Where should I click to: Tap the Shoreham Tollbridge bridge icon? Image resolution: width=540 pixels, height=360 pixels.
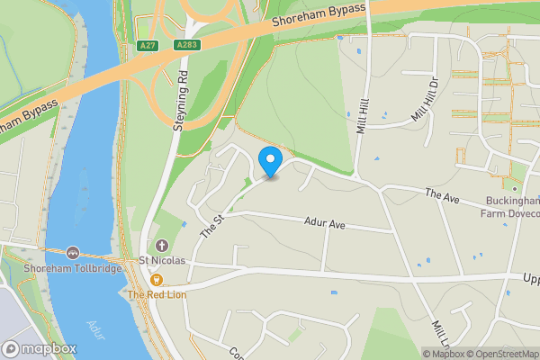point(72,254)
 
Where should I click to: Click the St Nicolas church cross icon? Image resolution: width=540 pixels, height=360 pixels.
point(162,246)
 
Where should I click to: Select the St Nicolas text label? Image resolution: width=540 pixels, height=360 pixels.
point(161,261)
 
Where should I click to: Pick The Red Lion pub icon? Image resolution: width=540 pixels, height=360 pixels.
point(157,281)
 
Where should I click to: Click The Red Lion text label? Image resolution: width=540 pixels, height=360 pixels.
point(157,294)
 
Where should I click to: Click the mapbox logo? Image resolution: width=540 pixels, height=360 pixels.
point(39,348)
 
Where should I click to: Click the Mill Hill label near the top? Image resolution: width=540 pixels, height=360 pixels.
point(363,116)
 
